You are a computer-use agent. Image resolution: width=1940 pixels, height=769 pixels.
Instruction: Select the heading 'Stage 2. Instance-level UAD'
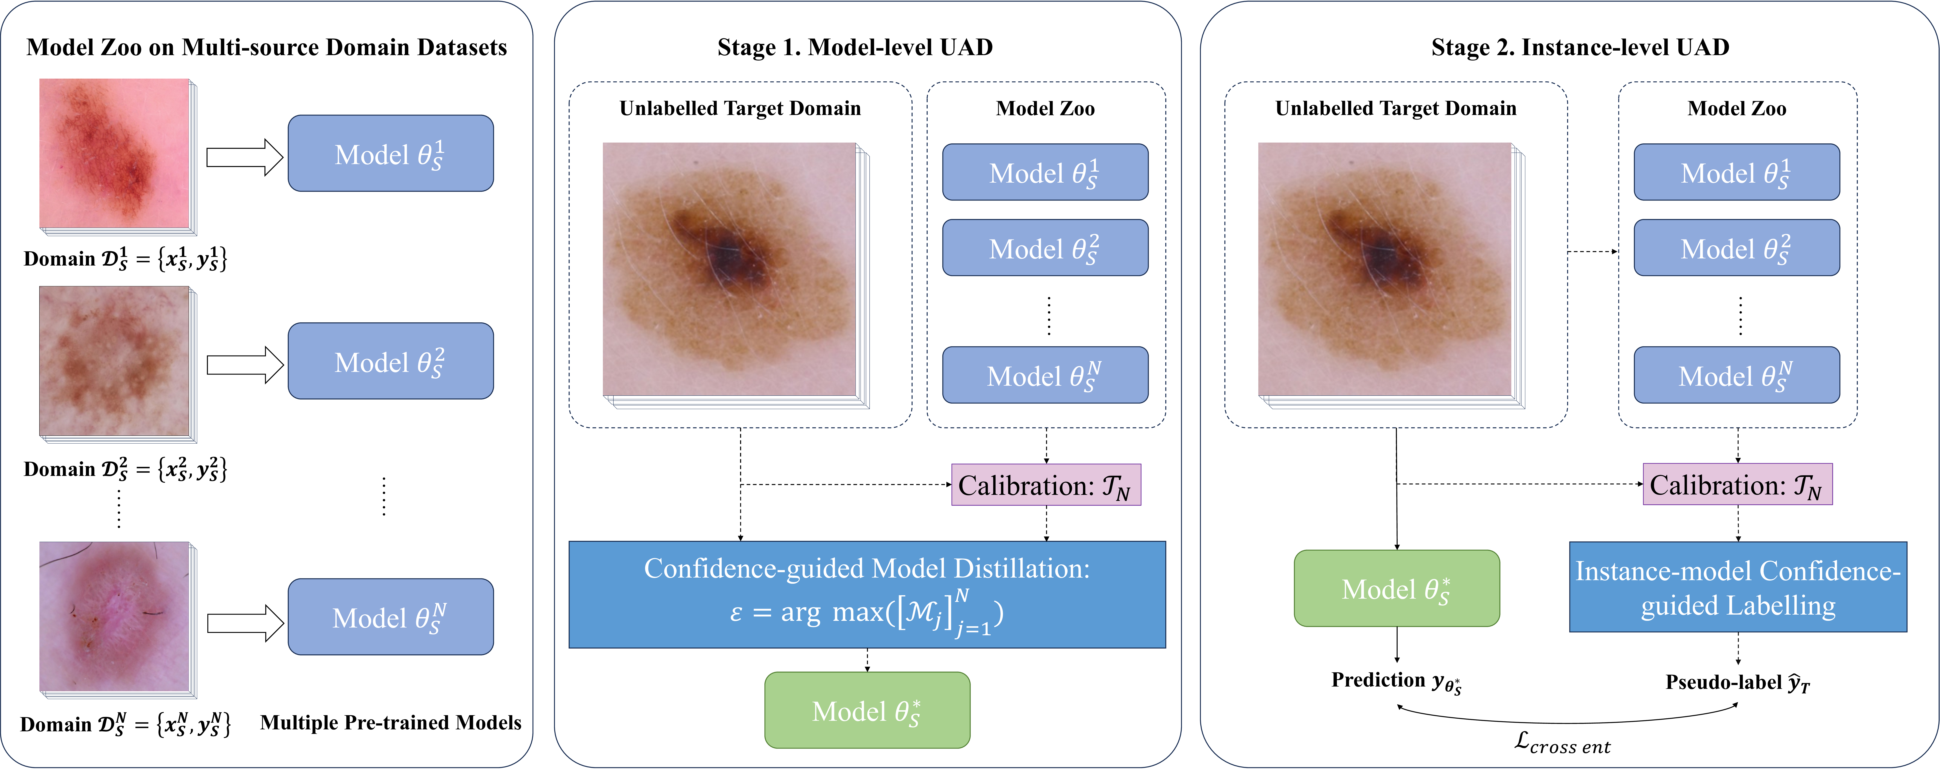click(x=1580, y=47)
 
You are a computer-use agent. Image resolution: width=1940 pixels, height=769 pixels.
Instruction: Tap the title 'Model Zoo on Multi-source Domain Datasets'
click(x=267, y=47)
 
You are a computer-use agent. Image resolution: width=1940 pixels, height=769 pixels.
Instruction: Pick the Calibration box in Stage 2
click(x=1737, y=484)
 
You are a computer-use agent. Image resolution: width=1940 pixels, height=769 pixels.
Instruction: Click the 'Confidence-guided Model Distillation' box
click(x=867, y=594)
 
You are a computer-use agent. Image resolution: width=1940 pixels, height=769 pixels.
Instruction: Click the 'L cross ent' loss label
click(x=1563, y=743)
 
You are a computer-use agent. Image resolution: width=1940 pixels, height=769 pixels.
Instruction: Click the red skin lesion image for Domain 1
click(x=115, y=154)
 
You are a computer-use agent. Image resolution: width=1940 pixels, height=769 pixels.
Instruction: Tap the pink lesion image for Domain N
click(x=115, y=616)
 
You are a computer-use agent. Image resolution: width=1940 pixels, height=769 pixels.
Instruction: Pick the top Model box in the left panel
click(x=391, y=153)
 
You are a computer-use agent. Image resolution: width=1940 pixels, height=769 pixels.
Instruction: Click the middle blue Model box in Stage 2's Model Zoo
click(x=1737, y=248)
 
